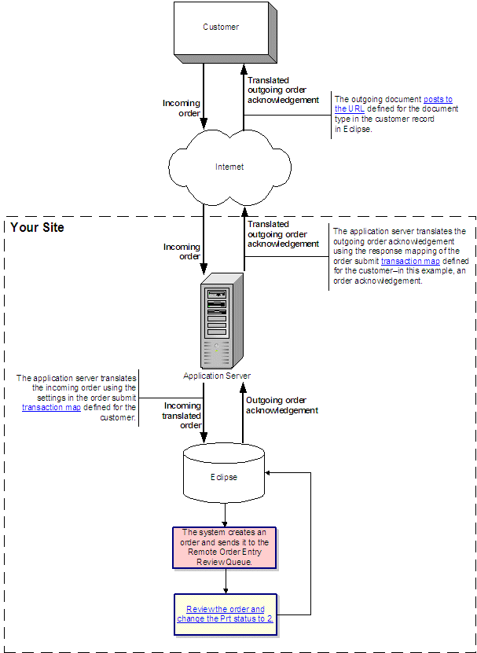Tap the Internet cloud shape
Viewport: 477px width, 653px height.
229,167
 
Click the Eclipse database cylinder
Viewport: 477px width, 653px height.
225,476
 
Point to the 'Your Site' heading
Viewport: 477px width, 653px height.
37,227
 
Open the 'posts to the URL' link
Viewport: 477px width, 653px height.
393,104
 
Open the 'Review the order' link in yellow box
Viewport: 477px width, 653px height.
226,614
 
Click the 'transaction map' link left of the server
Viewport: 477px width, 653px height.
51,407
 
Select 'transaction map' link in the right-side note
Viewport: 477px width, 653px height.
410,261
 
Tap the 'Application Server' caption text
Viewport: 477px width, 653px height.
217,376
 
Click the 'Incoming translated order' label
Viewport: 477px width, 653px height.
182,415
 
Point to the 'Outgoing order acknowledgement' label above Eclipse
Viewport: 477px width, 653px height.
282,405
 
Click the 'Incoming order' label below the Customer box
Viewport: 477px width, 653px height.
182,108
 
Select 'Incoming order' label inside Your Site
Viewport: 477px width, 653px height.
182,251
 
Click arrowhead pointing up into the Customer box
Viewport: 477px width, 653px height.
244,68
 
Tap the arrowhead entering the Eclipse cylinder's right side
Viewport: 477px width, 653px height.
270,473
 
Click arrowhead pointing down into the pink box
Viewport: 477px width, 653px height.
226,524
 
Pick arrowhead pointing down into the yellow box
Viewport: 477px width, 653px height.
226,590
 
